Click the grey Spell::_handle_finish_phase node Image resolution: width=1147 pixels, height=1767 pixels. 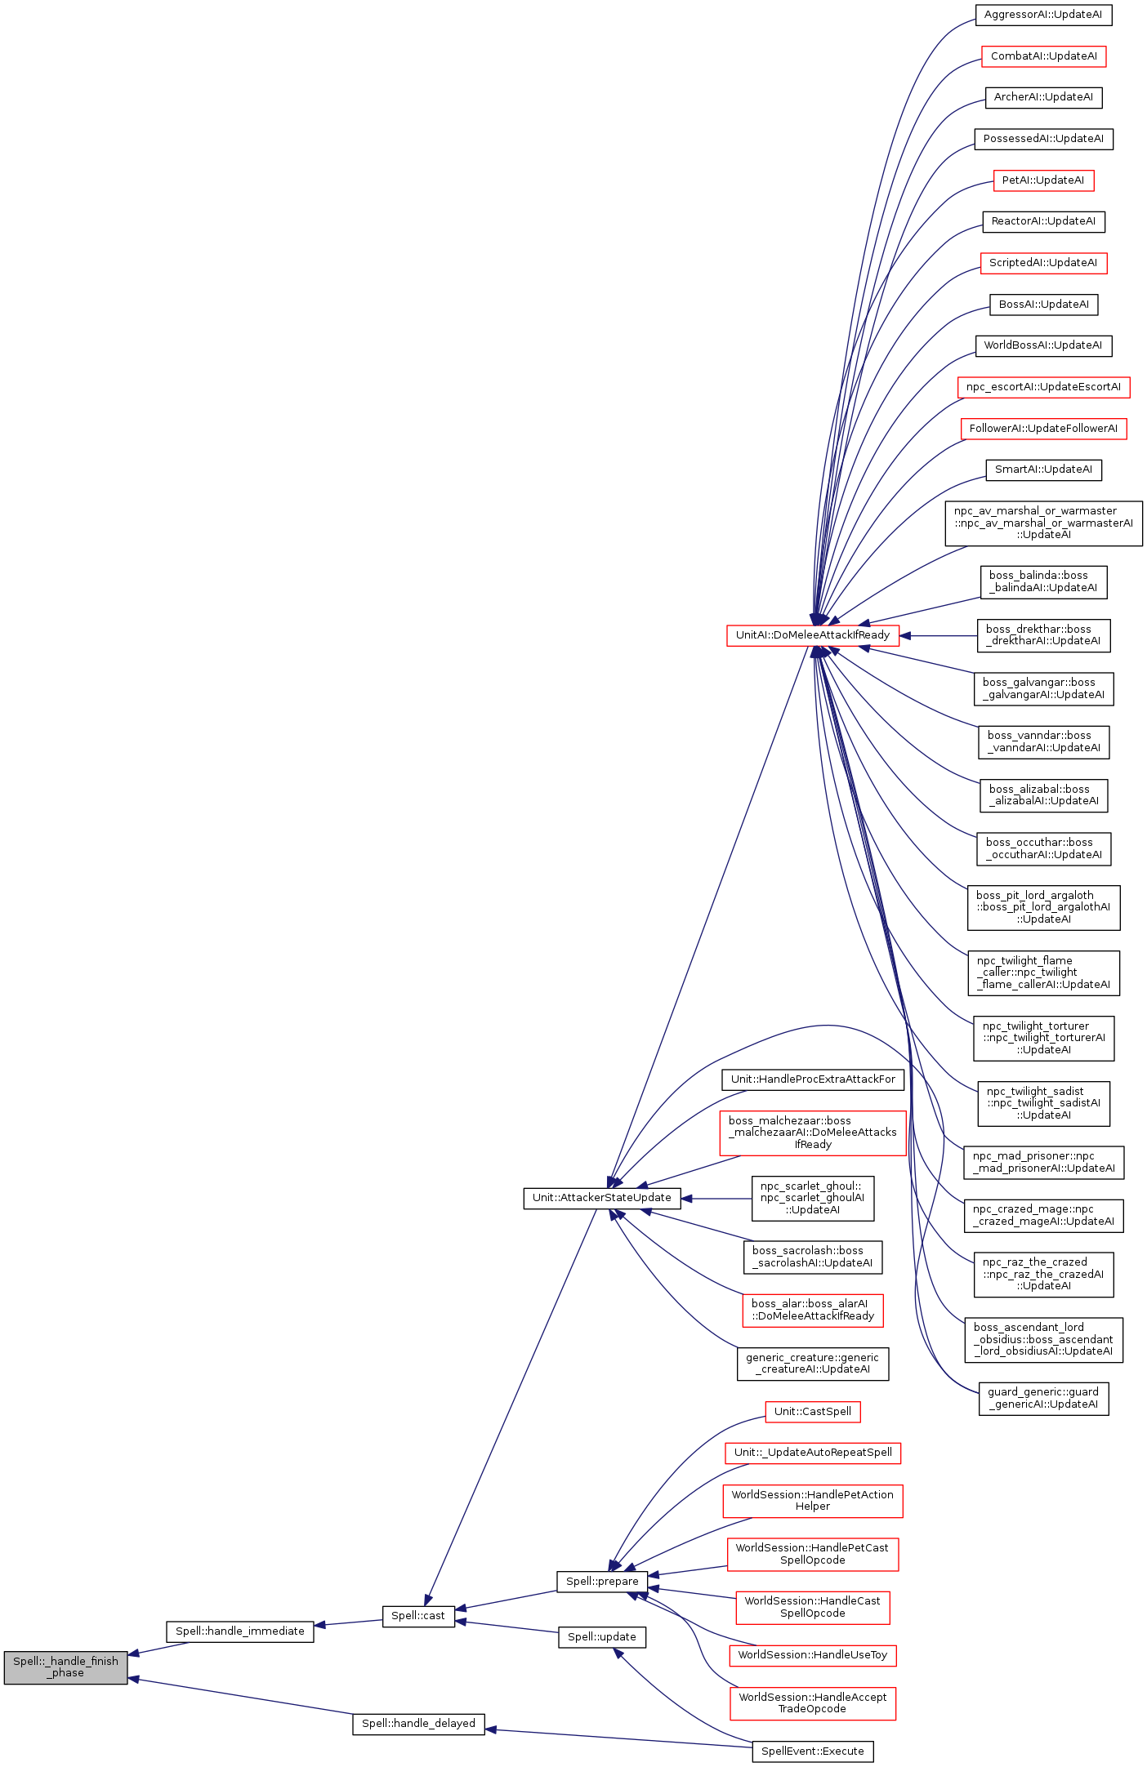65,1667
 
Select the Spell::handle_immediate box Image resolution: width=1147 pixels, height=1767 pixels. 240,1631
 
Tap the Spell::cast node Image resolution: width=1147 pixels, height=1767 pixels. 418,1615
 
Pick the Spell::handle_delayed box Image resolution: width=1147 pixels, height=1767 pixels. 418,1723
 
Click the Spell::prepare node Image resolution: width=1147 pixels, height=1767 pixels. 602,1581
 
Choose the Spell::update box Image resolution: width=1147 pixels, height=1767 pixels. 602,1636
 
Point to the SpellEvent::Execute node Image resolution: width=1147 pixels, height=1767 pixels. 812,1751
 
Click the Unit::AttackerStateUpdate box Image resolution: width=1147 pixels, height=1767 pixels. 601,1198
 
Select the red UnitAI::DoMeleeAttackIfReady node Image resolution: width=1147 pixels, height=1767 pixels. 812,635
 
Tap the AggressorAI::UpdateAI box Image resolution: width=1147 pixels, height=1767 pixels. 1043,15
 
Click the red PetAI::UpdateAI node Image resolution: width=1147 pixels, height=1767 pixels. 1043,180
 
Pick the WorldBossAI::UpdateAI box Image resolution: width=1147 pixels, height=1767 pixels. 1043,345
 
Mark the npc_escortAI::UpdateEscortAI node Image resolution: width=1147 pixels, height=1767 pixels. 1043,387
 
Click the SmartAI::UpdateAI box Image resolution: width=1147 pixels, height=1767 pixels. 1043,470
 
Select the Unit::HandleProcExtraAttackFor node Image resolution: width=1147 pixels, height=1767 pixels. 813,1079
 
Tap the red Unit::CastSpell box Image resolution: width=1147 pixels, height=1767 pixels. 812,1411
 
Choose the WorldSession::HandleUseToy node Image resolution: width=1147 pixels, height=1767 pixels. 812,1655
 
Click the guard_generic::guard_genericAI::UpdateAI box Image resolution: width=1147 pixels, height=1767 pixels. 1043,1398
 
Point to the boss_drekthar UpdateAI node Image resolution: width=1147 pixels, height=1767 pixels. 1043,635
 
